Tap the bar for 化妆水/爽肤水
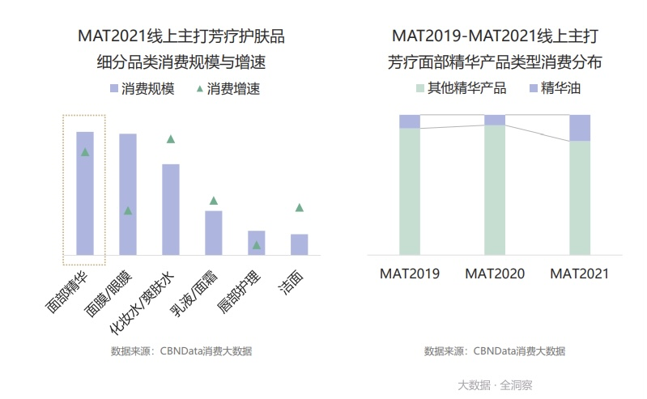coord(170,209)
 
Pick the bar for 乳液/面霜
coord(213,232)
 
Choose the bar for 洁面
coord(299,244)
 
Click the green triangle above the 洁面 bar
coord(299,208)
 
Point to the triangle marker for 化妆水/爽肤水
coord(171,139)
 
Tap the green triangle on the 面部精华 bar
coord(85,152)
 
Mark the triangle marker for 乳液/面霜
coord(213,201)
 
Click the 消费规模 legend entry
coord(142,88)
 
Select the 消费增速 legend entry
coord(227,88)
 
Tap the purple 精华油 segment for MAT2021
coord(580,128)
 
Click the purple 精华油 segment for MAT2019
coord(410,121)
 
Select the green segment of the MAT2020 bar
coord(495,190)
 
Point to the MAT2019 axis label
coord(410,274)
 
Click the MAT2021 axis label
coord(580,274)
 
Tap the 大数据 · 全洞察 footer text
coord(495,385)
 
